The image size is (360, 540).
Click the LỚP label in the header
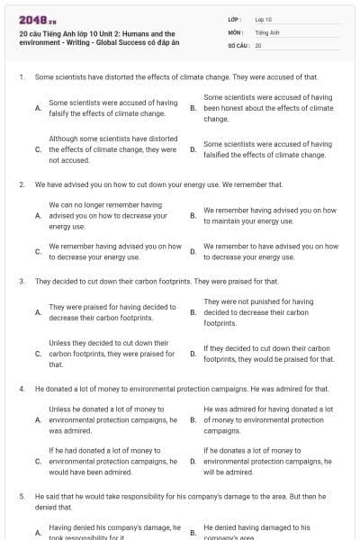[x=234, y=19]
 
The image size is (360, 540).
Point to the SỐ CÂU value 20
[x=258, y=44]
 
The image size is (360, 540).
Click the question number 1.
[x=21, y=77]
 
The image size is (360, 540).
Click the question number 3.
[x=21, y=281]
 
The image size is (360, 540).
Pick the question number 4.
[x=21, y=388]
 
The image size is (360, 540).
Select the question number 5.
[x=21, y=495]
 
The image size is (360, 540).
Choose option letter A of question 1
[x=38, y=108]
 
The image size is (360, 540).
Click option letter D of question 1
[x=193, y=149]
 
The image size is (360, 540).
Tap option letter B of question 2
[x=193, y=216]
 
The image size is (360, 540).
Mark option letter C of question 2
[x=38, y=251]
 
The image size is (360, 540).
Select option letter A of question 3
[x=38, y=312]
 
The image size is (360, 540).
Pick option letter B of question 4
[x=193, y=419]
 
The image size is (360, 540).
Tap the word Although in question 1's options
[x=63, y=139]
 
